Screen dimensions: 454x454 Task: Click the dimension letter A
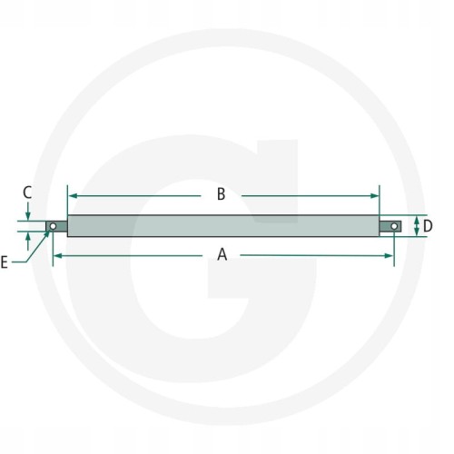[x=222, y=254]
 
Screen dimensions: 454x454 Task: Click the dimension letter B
[x=222, y=194]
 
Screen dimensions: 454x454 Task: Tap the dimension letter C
[x=27, y=192]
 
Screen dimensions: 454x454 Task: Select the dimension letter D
[x=428, y=226]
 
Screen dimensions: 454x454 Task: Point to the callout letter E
[x=4, y=262]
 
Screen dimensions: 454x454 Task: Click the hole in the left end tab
[x=53, y=226]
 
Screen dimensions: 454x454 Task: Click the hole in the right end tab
[x=394, y=226]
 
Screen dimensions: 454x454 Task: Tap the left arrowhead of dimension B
[x=73, y=196]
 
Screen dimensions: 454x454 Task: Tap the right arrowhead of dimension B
[x=374, y=196]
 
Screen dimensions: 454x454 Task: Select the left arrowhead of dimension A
[x=58, y=256]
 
